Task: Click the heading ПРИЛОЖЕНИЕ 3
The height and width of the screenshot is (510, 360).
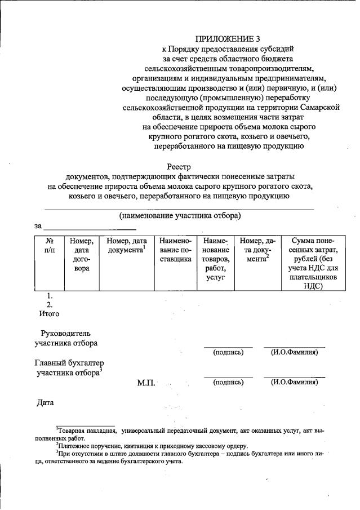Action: coord(224,39)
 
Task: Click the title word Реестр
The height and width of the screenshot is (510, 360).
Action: coord(180,166)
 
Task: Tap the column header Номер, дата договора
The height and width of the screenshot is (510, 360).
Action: coord(82,255)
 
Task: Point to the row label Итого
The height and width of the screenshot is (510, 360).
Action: coord(48,313)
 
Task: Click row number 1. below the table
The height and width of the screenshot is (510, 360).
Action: coord(50,295)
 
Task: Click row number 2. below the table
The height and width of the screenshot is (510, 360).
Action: coord(50,304)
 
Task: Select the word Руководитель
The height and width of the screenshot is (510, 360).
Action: coord(65,333)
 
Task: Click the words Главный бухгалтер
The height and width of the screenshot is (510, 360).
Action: coord(69,362)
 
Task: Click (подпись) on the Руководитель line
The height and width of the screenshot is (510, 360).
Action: coord(228,353)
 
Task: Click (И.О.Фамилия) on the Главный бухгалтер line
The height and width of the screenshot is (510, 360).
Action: coord(294,382)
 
